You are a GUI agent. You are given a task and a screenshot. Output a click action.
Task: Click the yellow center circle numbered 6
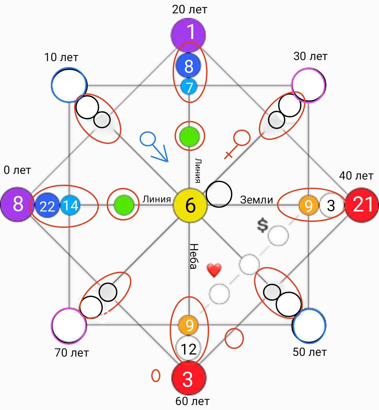[x=190, y=205]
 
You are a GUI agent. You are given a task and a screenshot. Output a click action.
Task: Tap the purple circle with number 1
[x=188, y=34]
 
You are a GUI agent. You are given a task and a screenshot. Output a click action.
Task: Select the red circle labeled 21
[x=362, y=205]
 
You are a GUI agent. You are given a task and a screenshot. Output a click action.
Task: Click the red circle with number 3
[x=189, y=378]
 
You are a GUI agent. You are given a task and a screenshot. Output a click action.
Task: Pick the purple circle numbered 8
[x=17, y=204]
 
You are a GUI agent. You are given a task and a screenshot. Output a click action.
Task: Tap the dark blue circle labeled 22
[x=47, y=205]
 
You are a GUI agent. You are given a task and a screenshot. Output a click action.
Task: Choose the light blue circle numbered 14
[x=70, y=205]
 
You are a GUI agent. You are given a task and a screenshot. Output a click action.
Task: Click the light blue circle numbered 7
[x=189, y=86]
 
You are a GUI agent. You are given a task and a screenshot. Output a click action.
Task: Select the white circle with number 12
[x=188, y=349]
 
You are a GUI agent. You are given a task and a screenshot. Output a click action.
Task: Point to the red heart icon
[x=214, y=271]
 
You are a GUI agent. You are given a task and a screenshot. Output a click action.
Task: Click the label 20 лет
[x=189, y=9]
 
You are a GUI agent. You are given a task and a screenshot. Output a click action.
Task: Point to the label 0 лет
[x=17, y=170]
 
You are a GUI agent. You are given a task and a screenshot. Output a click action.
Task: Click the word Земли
[x=257, y=200]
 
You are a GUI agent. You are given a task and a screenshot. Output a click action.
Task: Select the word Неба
[x=194, y=256]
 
